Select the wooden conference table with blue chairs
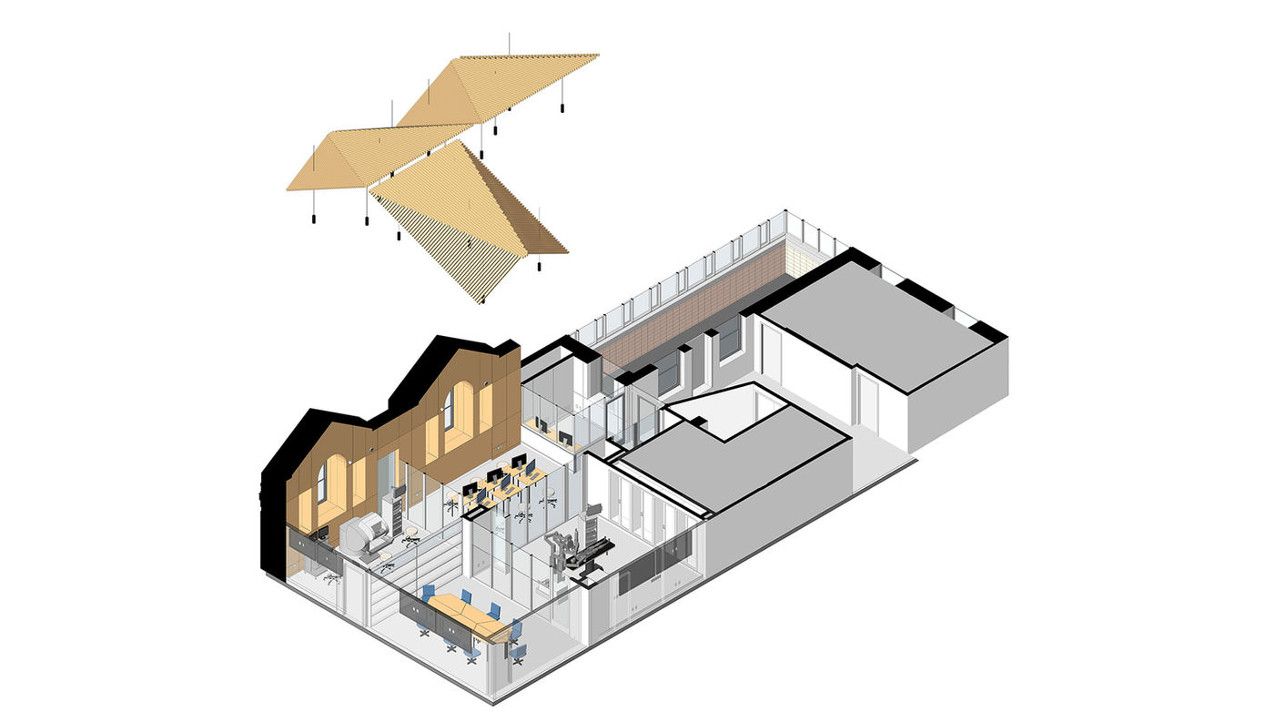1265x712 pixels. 463,615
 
